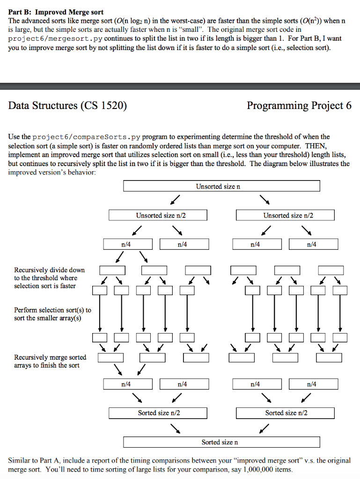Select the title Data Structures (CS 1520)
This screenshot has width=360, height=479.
pyautogui.click(x=68, y=105)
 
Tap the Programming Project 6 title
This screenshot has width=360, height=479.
pyautogui.click(x=299, y=105)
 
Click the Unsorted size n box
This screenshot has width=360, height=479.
pyautogui.click(x=221, y=186)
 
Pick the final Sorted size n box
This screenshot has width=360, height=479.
pyautogui.click(x=221, y=442)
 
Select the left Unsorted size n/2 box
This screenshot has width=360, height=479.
pyautogui.click(x=158, y=215)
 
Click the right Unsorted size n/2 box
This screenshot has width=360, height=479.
pyautogui.click(x=285, y=215)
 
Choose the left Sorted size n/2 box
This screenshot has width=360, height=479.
pyautogui.click(x=158, y=413)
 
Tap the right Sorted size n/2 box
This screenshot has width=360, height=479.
pyautogui.click(x=285, y=413)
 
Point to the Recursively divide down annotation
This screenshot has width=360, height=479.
pyautogui.click(x=49, y=278)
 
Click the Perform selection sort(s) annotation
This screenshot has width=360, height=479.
pyautogui.click(x=52, y=314)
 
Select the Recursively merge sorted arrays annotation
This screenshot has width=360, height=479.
pyautogui.click(x=50, y=361)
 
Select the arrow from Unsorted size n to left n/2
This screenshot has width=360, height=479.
pyautogui.click(x=175, y=200)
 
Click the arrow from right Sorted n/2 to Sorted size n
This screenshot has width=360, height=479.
pyautogui.click(x=264, y=427)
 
